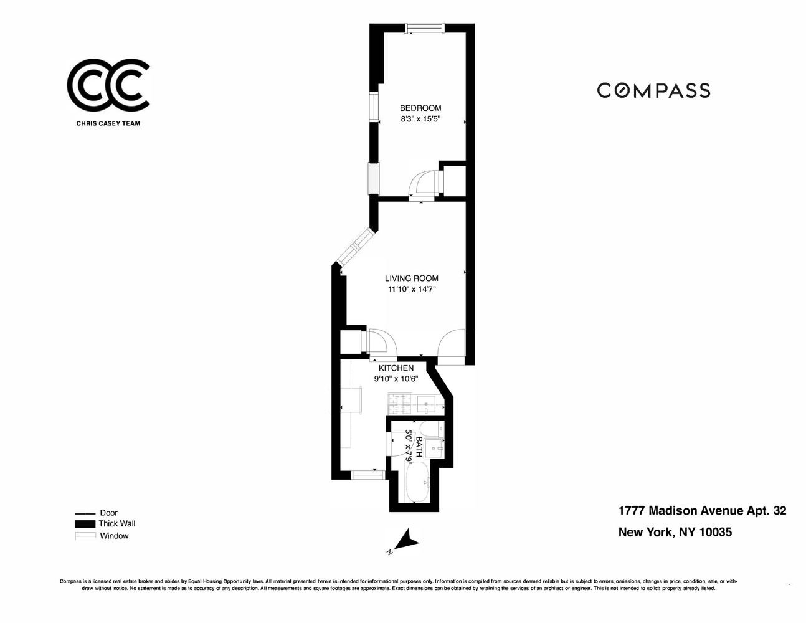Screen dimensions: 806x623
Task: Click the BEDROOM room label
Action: [x=420, y=108]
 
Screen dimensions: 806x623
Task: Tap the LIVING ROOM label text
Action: [x=411, y=278]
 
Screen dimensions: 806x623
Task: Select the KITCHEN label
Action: [x=396, y=368]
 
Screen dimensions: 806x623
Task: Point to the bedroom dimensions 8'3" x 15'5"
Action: [x=420, y=120]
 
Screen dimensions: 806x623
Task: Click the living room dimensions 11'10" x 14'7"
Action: [x=411, y=289]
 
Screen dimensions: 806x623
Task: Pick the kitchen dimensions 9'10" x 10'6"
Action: [x=396, y=379]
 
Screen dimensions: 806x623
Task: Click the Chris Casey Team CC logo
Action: [x=108, y=84]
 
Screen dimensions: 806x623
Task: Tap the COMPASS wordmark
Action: [x=653, y=90]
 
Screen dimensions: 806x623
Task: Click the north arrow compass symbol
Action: [x=407, y=539]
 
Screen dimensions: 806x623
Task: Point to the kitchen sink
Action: [x=426, y=404]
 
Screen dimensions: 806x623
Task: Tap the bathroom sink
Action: [x=434, y=449]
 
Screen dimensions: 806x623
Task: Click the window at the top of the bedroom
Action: [x=425, y=28]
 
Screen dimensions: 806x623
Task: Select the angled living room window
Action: [x=355, y=246]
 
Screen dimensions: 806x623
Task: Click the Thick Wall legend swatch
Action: [x=85, y=523]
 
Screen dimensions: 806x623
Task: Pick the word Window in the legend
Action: [x=114, y=536]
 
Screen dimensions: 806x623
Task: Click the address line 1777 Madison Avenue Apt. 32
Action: [x=702, y=511]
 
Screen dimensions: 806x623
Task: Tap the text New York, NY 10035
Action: [x=675, y=533]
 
